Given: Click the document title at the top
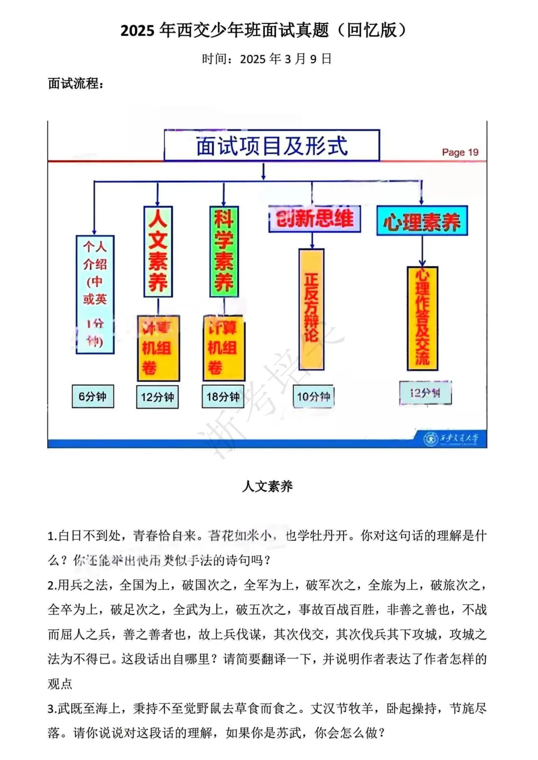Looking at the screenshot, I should (264, 31).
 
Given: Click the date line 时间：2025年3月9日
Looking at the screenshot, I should (267, 59).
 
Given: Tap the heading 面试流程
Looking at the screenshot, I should (76, 84).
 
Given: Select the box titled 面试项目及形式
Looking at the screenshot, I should (271, 146).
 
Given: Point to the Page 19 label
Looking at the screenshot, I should (460, 152).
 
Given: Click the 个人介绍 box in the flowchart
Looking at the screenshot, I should (95, 294).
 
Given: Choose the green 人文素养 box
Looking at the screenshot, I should (158, 252).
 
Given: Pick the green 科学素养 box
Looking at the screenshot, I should (224, 252).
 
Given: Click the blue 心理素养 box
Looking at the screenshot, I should (422, 221).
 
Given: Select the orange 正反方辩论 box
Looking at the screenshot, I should (311, 309).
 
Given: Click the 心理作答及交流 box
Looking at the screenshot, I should (422, 319).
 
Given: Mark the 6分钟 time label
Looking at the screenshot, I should (93, 397).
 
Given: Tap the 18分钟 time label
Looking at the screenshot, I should (223, 397).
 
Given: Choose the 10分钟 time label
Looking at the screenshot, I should (313, 397).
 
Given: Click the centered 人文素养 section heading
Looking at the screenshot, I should (268, 486).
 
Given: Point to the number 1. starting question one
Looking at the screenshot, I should (52, 536).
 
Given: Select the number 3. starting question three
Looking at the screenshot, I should (52, 709).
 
